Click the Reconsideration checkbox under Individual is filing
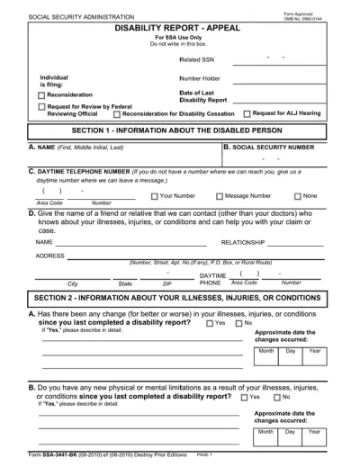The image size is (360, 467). pos(41,94)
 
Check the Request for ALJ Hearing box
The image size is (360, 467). pos(247,113)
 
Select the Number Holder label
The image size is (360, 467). pos(201,78)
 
